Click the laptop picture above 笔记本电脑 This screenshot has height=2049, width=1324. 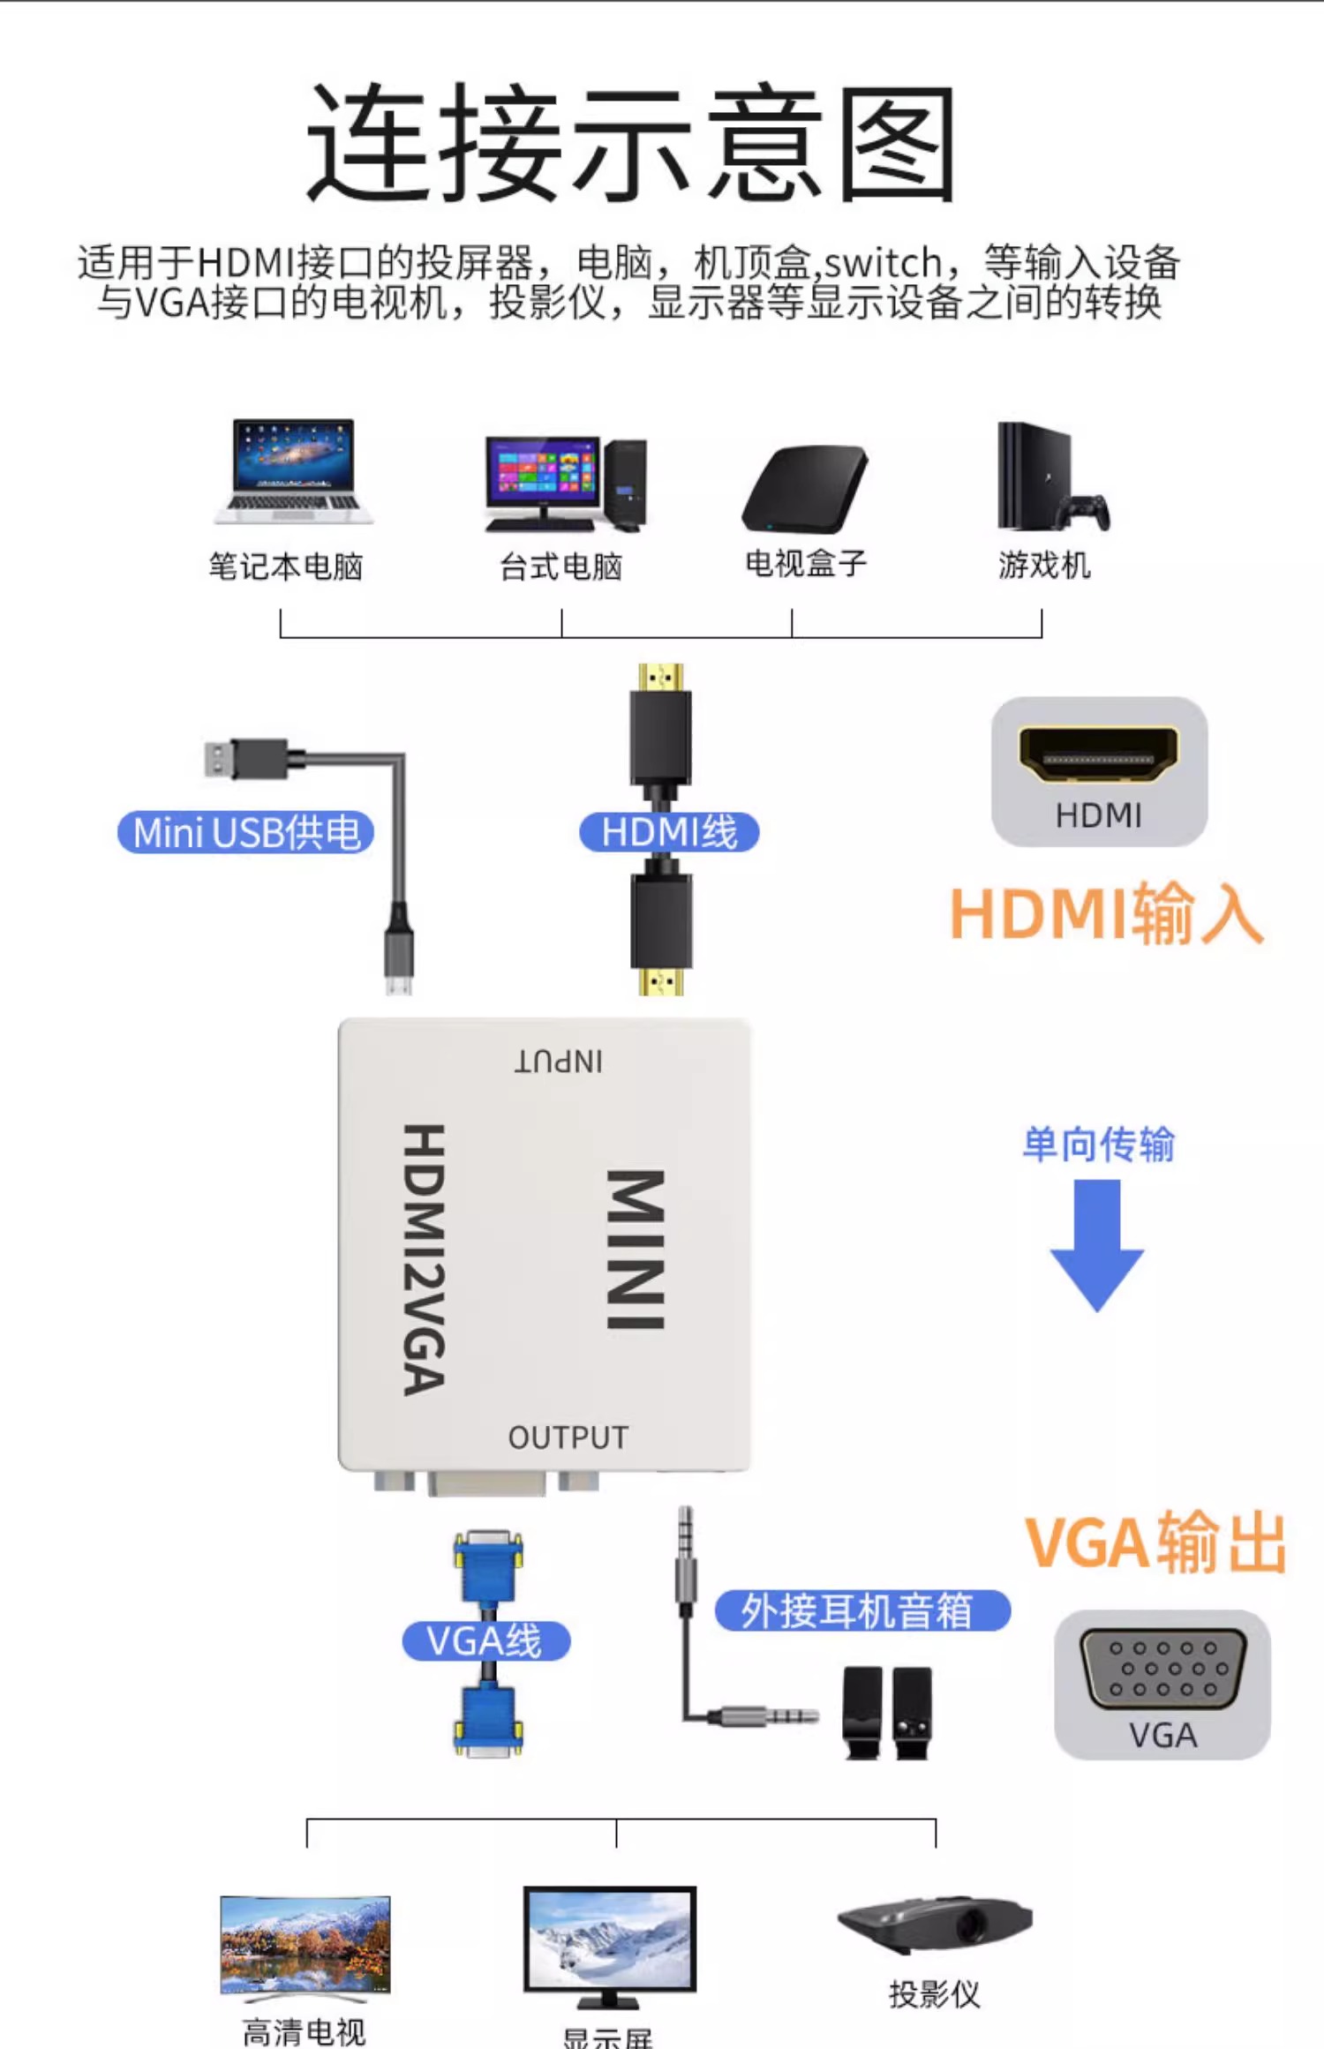click(293, 471)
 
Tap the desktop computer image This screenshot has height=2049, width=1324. click(565, 484)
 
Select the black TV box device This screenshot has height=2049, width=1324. click(805, 489)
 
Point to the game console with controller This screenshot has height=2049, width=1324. click(1050, 478)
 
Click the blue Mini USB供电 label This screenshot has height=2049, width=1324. click(245, 832)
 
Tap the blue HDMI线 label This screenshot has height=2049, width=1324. click(668, 832)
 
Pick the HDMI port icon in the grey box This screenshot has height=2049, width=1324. click(1098, 755)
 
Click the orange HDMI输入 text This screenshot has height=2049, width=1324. click(1106, 915)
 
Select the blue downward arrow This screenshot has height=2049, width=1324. click(1096, 1244)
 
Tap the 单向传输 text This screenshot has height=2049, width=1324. click(1098, 1145)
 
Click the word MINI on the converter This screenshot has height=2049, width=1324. click(636, 1249)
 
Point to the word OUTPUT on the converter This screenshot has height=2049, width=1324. click(568, 1437)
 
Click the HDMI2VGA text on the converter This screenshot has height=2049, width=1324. click(425, 1259)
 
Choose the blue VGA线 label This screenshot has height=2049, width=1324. click(485, 1640)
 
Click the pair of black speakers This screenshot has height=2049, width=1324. click(886, 1712)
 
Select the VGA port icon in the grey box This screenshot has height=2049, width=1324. click(1162, 1668)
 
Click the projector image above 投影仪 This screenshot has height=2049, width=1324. click(934, 1924)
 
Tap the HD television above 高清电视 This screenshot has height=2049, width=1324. click(305, 1945)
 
